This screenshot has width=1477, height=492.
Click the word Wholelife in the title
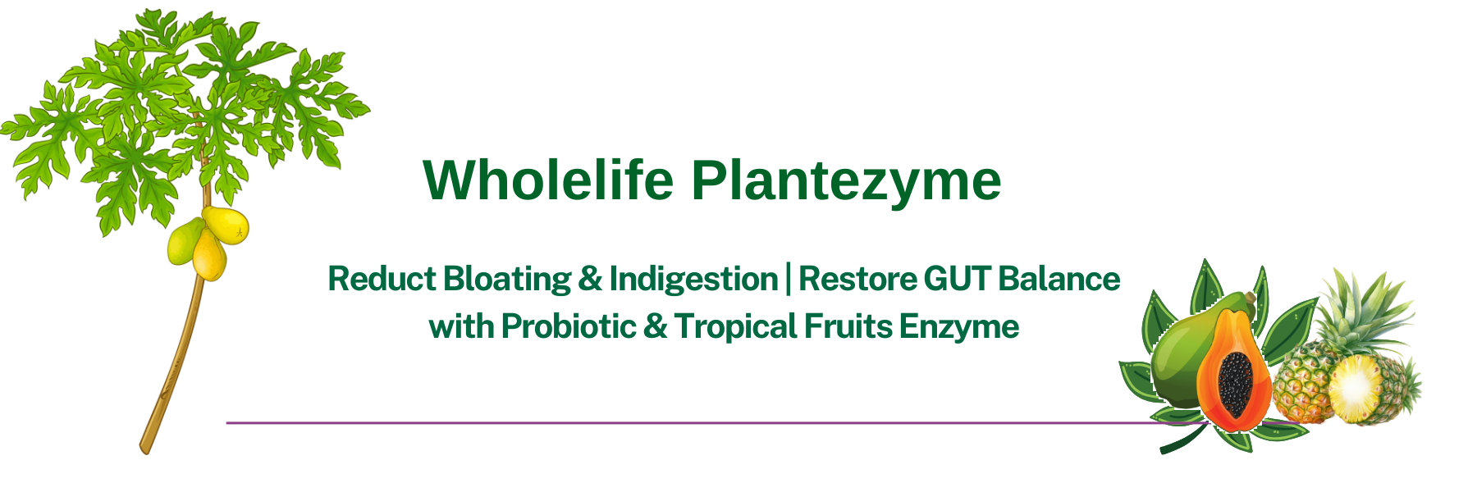tap(548, 180)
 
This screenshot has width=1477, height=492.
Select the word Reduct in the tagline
tap(382, 279)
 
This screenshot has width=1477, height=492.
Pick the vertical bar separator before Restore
tap(789, 279)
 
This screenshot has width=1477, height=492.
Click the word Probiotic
tap(568, 326)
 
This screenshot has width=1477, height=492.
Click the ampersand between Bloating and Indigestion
tap(590, 279)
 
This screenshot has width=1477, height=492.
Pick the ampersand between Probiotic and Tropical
tap(655, 326)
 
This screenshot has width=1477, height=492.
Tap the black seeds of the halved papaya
tap(1235, 384)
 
